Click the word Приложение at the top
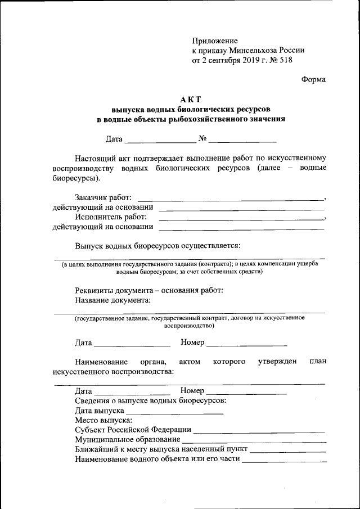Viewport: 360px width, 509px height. [215, 41]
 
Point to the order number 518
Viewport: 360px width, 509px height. [285, 60]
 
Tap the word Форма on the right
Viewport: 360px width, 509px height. [313, 79]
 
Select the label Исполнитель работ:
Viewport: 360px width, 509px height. [111, 217]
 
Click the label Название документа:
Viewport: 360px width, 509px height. [112, 300]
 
